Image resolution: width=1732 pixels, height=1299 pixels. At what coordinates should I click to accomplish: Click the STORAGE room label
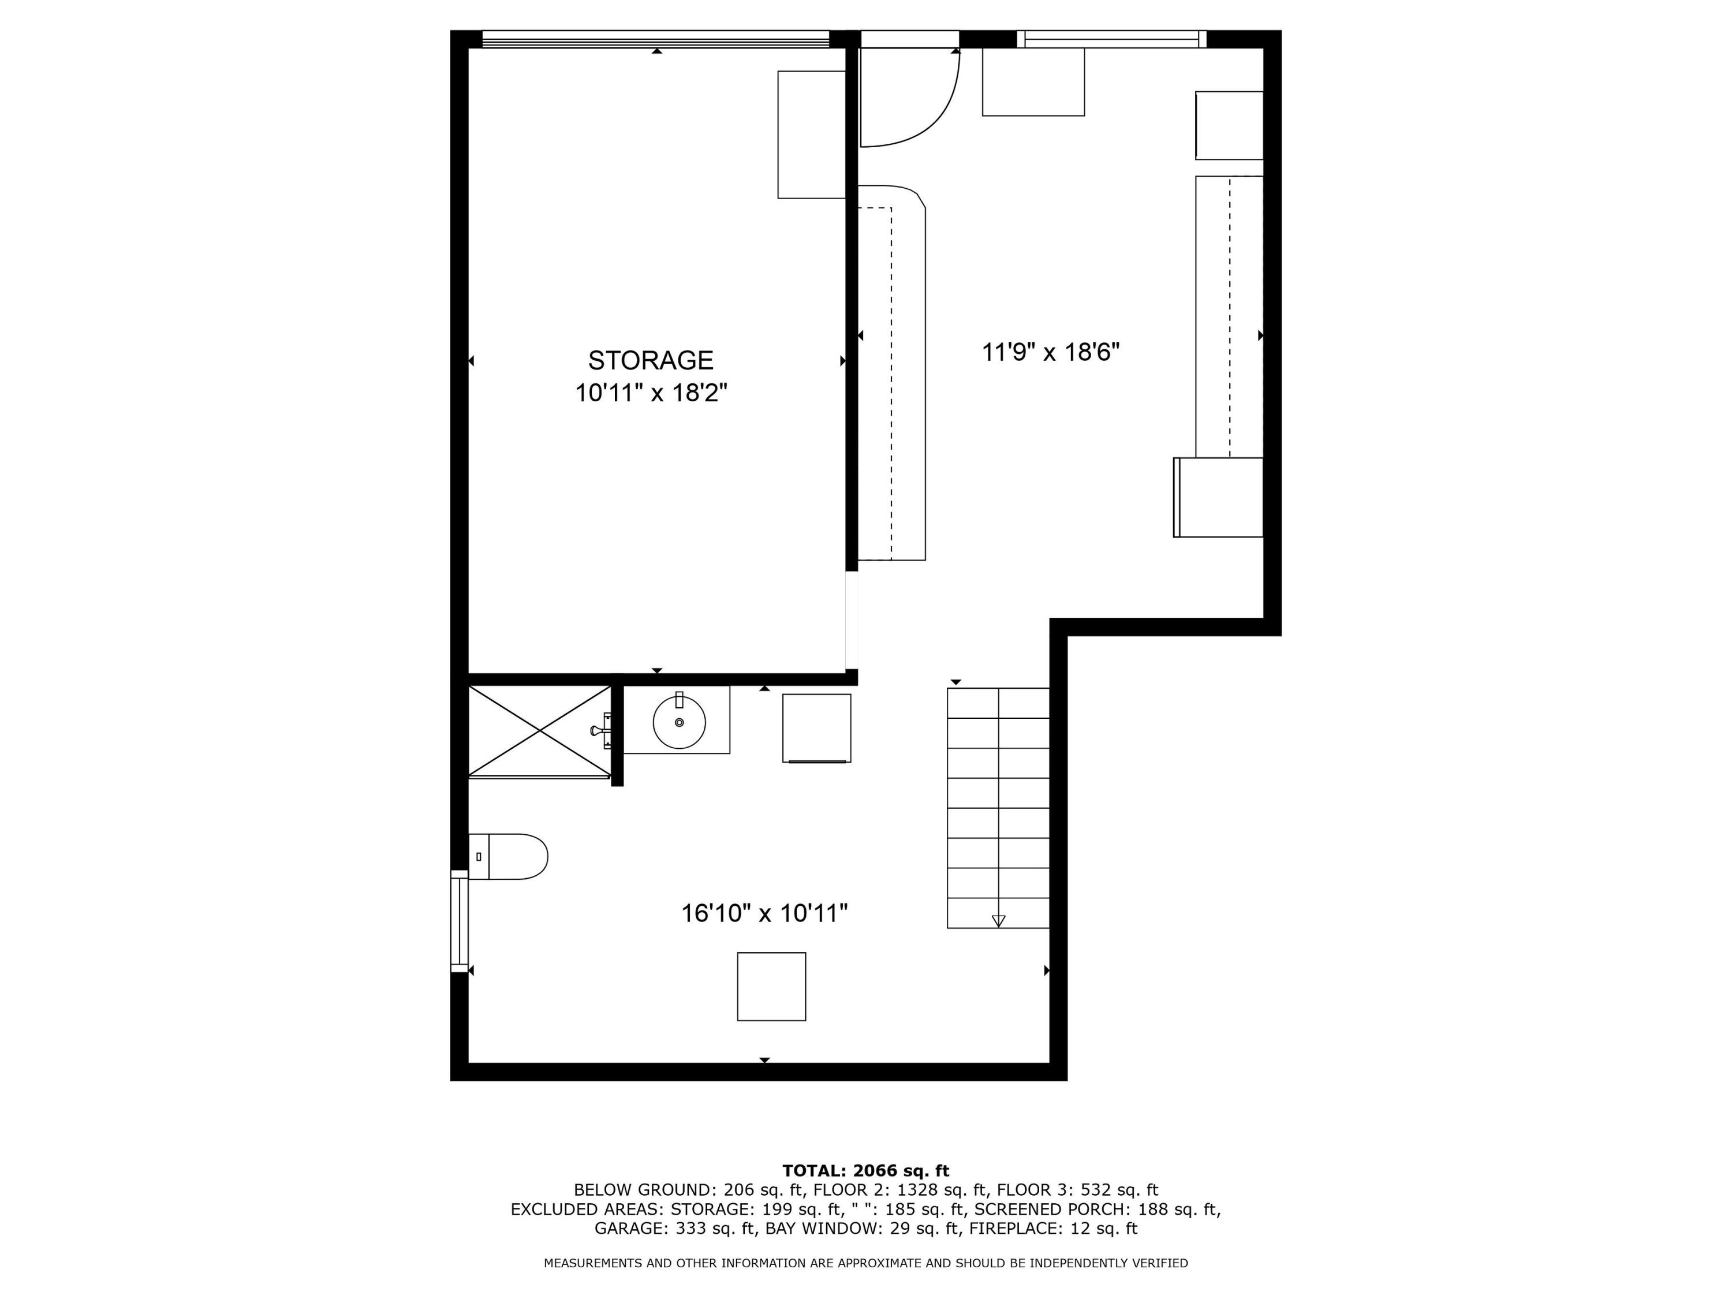[651, 360]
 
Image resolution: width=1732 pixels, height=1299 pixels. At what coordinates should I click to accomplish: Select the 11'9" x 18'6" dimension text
[1051, 352]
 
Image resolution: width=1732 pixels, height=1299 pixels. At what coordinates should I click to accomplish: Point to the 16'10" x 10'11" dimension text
[764, 913]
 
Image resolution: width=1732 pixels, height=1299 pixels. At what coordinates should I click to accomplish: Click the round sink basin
[679, 722]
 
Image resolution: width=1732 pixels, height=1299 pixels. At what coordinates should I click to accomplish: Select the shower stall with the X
[539, 731]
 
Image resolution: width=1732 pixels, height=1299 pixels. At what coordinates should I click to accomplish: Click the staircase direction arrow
[998, 921]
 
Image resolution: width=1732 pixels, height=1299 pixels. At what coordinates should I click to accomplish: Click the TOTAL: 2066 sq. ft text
[865, 1171]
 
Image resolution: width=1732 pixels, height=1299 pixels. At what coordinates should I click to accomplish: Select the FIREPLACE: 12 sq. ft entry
[1052, 1229]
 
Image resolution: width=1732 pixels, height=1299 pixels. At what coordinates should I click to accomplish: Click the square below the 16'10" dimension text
[771, 987]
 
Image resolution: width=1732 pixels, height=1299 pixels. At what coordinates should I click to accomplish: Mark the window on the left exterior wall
[459, 920]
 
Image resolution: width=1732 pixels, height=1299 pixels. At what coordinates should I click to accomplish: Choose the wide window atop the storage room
[655, 39]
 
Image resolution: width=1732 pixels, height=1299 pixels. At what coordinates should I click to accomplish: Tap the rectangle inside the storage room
[811, 135]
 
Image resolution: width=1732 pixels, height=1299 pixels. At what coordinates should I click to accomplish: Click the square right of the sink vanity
[817, 728]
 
